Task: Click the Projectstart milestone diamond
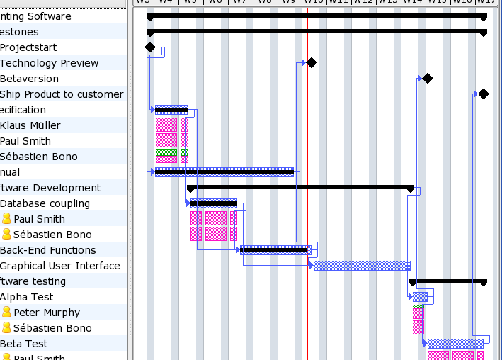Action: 149,47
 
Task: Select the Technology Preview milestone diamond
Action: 312,63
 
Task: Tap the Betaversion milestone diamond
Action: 427,79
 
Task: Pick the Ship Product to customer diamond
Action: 484,94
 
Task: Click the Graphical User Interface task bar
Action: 362,266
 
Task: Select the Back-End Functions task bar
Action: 275,250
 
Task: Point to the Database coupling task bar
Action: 214,203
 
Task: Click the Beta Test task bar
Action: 455,344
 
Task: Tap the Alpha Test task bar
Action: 420,297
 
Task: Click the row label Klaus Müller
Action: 30,125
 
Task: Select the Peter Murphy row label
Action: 47,313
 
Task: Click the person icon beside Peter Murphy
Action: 7,313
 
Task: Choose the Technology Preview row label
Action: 49,63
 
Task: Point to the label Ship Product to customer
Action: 62,94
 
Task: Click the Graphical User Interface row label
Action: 60,266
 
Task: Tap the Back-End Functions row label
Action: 48,250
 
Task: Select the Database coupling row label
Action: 45,203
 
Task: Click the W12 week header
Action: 363,2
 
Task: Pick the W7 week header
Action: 240,2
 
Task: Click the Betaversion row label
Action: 30,79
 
